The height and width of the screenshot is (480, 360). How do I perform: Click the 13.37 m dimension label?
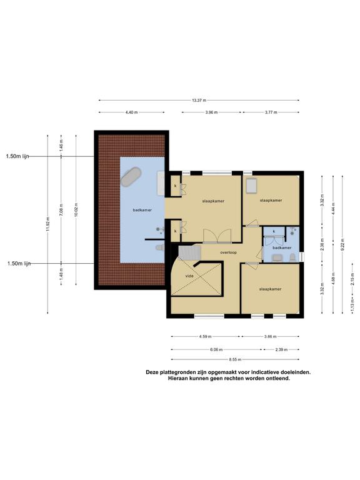click(x=199, y=100)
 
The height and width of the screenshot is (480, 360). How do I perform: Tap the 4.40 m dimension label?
click(x=132, y=112)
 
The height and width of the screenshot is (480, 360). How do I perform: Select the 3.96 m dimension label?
click(x=211, y=112)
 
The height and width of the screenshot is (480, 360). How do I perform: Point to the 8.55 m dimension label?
click(x=235, y=359)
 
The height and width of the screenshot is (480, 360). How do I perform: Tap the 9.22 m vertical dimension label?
click(x=342, y=244)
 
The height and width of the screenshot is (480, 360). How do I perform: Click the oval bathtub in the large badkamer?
click(x=131, y=177)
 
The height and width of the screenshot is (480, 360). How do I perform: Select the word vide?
click(x=190, y=276)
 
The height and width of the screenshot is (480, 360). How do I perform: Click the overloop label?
click(x=229, y=252)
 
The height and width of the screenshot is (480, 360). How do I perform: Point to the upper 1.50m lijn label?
click(x=17, y=156)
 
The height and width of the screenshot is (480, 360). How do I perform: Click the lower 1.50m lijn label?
click(x=19, y=263)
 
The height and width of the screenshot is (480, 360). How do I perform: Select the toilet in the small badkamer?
click(x=292, y=257)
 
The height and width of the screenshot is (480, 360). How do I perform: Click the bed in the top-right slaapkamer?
click(x=251, y=186)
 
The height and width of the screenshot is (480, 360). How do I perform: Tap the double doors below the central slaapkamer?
click(x=217, y=236)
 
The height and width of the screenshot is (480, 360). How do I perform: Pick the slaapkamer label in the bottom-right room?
click(x=270, y=289)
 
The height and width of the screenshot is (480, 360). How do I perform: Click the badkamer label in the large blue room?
click(x=142, y=210)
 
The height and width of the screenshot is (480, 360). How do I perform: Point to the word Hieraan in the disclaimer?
click(x=177, y=378)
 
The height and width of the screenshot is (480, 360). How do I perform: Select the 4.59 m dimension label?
click(x=205, y=336)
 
